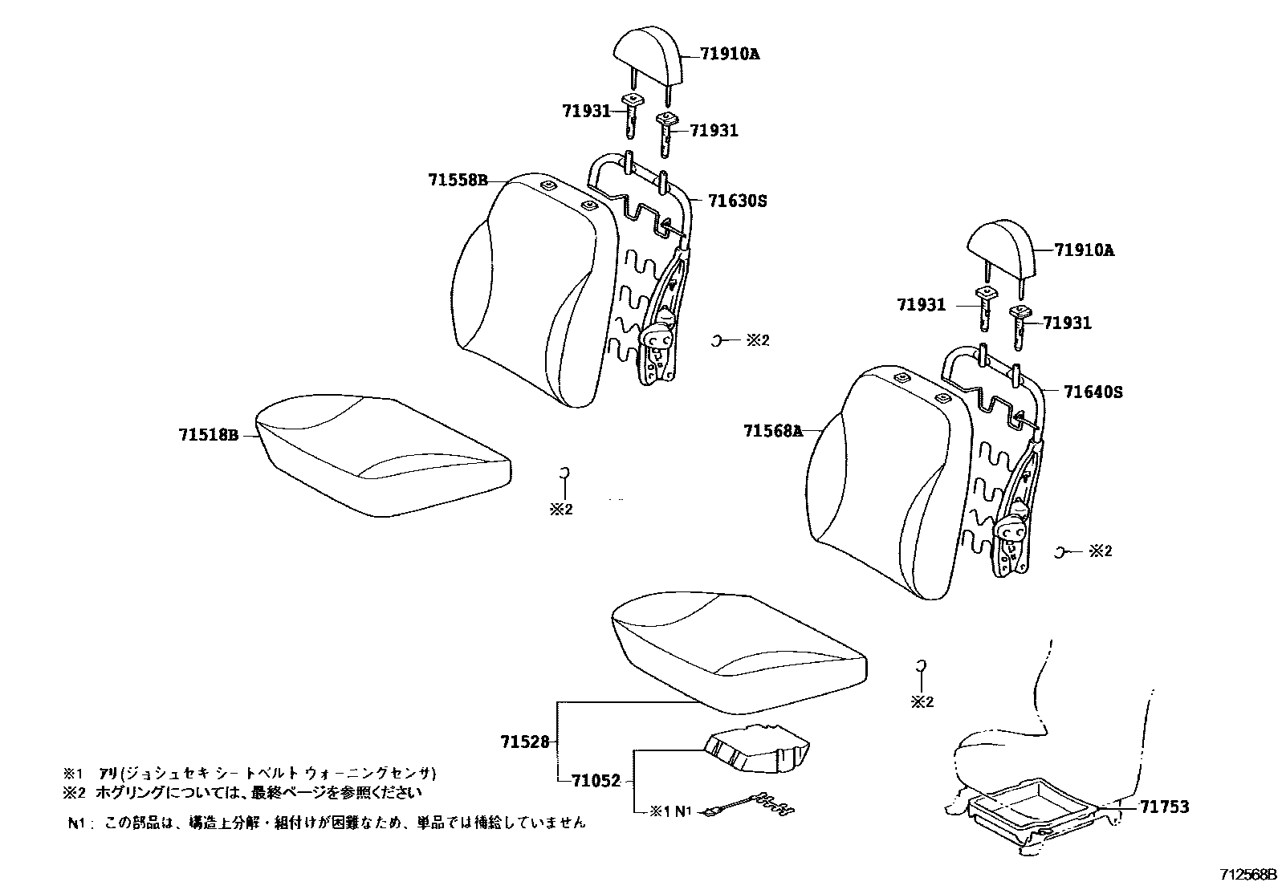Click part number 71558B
click(458, 181)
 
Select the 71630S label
click(737, 201)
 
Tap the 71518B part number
click(209, 436)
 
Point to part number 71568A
click(773, 432)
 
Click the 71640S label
click(1093, 392)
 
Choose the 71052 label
click(596, 781)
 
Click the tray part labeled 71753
click(1036, 807)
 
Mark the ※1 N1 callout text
click(670, 811)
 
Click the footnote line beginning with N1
click(326, 823)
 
